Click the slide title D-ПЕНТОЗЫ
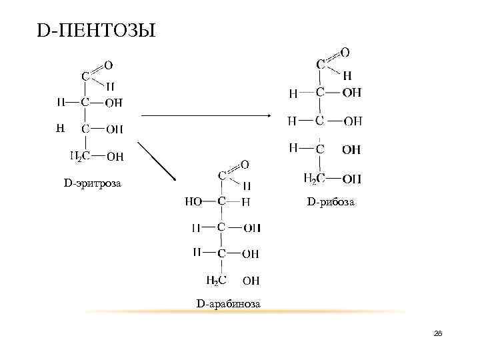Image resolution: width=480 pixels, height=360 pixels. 96,31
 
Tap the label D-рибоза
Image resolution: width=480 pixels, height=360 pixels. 331,201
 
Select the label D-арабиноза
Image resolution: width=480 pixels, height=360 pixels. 228,305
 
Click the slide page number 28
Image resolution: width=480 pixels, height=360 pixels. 438,333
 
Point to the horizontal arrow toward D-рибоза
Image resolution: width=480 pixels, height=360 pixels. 207,115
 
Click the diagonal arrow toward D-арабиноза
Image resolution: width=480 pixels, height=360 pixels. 157,161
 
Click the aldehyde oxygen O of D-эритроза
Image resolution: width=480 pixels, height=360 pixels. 108,65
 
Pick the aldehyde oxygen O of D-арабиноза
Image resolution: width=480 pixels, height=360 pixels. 245,164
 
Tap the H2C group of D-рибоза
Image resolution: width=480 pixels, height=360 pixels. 314,178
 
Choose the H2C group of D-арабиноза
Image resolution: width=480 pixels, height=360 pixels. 217,281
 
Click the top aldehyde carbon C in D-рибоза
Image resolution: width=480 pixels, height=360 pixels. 321,65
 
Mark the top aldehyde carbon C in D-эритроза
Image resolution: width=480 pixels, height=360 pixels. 85,77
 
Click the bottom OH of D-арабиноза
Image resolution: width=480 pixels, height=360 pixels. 251,281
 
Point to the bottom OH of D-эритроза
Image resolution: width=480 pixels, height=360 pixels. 115,157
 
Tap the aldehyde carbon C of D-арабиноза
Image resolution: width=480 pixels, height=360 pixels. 222,175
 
